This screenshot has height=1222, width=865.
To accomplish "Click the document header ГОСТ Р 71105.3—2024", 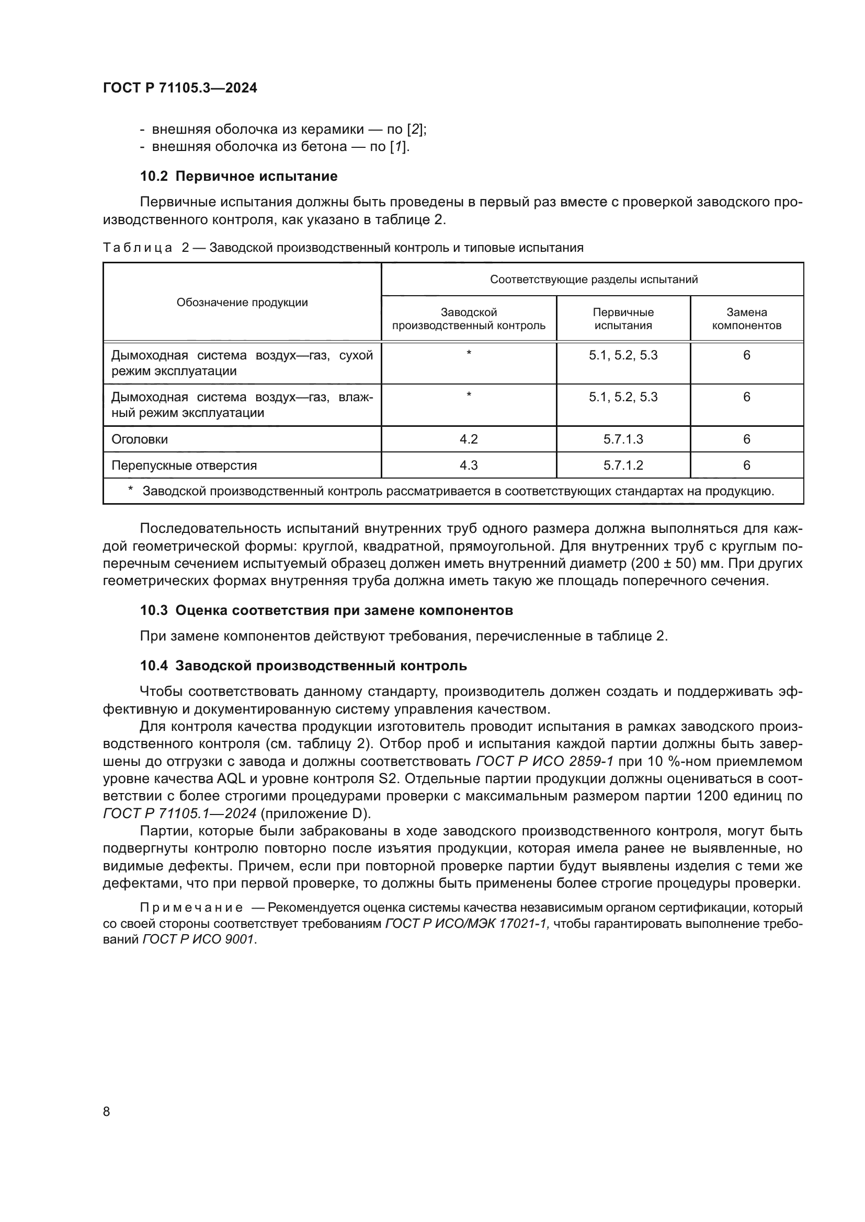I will point(179,88).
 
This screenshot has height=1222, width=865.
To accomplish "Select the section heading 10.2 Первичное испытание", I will point(238,176).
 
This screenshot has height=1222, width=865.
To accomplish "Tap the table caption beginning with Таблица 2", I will point(343,248).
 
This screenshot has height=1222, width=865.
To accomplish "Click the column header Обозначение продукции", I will point(242,302).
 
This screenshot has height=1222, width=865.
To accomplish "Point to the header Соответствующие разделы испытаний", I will point(594,280).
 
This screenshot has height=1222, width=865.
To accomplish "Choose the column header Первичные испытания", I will point(623,319).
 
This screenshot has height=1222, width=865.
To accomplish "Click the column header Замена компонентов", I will point(746,319).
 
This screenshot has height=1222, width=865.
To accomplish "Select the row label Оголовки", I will point(140,439).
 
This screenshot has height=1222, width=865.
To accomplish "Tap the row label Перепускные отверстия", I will point(184,465).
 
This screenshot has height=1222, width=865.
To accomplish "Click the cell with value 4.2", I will point(469,439).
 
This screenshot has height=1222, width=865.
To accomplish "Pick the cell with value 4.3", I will point(469,465).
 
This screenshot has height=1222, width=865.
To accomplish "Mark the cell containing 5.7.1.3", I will point(623,439).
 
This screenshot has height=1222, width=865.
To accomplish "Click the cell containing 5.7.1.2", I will point(623,465).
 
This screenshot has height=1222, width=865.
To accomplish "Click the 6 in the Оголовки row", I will point(746,439).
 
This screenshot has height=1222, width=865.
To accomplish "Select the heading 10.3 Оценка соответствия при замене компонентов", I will point(326,610).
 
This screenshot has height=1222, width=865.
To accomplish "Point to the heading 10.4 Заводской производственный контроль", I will point(303,666).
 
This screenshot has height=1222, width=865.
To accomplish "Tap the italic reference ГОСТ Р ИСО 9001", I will point(198,939).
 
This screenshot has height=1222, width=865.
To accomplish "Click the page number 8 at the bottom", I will point(107,1111).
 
